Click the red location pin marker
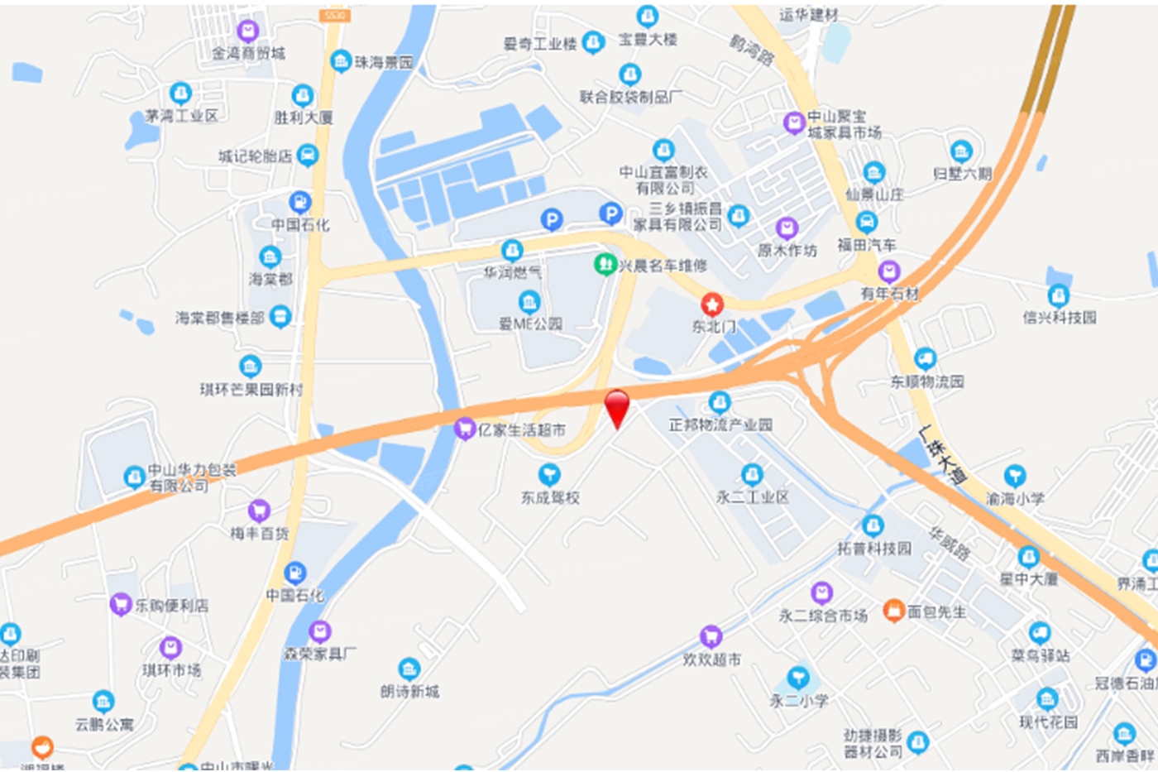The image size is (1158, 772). point(617,407)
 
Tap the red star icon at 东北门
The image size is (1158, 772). point(712,304)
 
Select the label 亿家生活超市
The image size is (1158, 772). point(522,430)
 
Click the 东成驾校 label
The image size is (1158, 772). point(550,497)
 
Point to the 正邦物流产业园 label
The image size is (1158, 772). point(720,424)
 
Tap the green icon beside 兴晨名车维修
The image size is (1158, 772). point(605,265)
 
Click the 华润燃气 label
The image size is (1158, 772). point(513,271)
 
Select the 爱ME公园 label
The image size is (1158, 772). point(530,324)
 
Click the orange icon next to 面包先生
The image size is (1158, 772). point(893,611)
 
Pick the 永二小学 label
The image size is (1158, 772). point(799,701)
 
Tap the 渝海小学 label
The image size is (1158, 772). point(1015,498)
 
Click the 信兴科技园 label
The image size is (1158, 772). point(1060,317)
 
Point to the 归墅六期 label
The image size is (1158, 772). point(962,174)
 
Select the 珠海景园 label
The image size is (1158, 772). point(384,62)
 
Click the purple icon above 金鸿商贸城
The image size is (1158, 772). point(247,31)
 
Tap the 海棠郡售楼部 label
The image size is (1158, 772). point(220,318)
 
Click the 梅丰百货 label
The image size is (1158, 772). point(260,534)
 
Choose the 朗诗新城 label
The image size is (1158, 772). point(410,691)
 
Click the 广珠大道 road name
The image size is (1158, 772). point(942,455)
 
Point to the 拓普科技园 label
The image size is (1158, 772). point(874,548)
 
